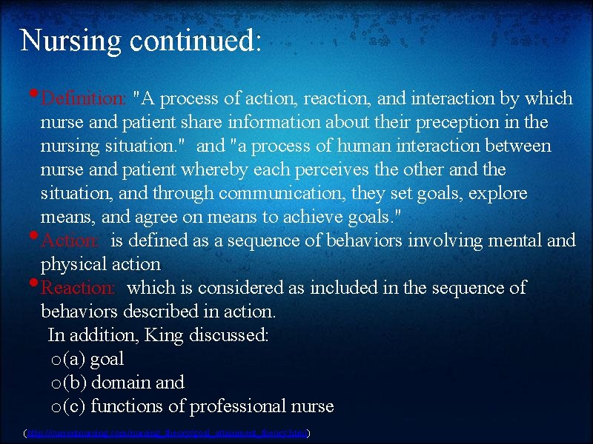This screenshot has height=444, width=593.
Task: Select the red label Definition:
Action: [x=83, y=98]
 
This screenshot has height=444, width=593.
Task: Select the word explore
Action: [x=497, y=193]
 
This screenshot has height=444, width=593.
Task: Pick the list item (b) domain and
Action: [x=124, y=383]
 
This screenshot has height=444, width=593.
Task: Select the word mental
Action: [x=501, y=240]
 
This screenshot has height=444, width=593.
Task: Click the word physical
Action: [x=73, y=264]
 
